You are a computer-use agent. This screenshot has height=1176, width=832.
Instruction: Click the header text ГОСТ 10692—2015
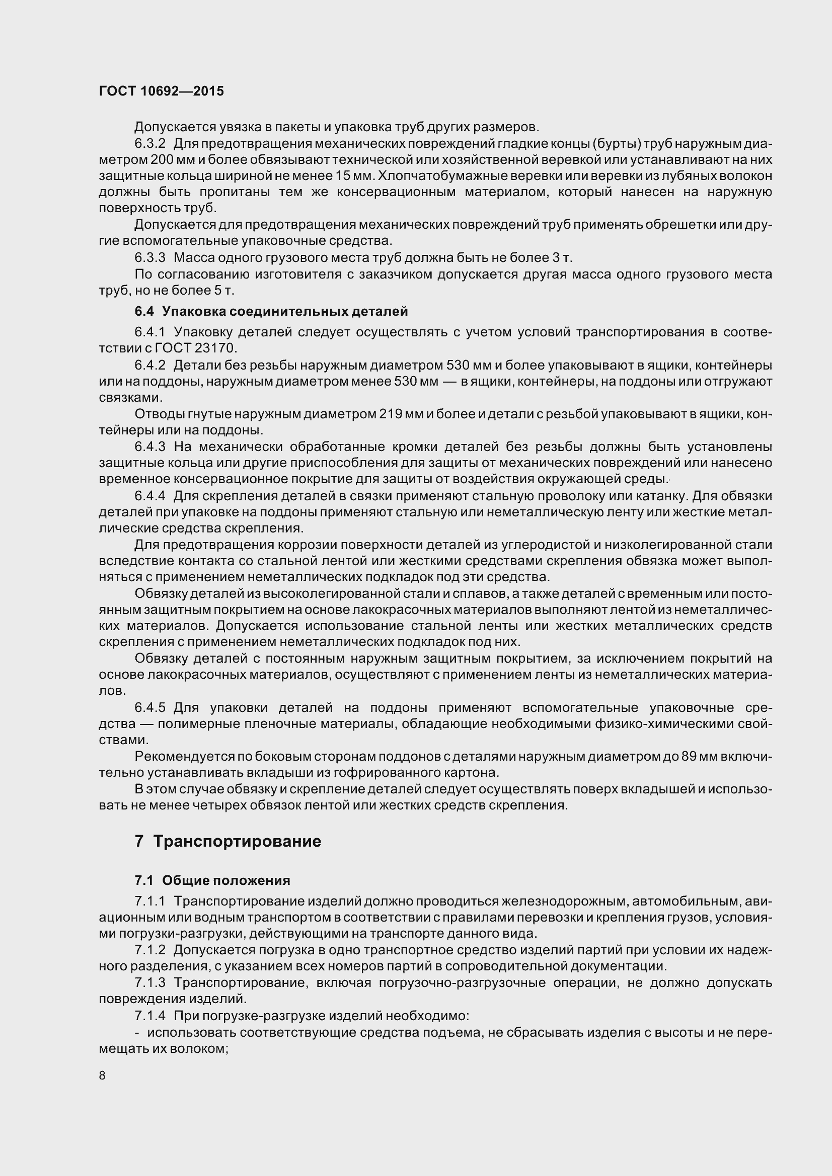tap(161, 91)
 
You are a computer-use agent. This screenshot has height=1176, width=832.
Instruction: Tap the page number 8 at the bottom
tap(102, 1075)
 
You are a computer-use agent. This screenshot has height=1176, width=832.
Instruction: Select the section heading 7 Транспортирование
tap(228, 841)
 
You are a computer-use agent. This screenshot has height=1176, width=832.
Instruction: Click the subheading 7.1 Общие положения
tap(212, 880)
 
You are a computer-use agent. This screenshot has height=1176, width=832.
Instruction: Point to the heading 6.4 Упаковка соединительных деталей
tap(271, 311)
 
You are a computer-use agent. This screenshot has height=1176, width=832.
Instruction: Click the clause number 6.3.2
tap(149, 143)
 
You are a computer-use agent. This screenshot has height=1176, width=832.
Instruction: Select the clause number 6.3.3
tap(149, 257)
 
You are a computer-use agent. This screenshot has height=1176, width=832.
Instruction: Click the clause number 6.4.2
tap(149, 365)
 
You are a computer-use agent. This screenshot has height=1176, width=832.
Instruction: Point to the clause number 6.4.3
tap(149, 446)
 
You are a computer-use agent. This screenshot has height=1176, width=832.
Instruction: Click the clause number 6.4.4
tap(149, 496)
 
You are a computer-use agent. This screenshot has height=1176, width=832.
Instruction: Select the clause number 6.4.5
tap(149, 707)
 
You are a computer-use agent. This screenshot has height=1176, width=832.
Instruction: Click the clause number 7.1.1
tap(149, 901)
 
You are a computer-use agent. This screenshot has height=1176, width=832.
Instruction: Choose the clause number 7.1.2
tap(149, 950)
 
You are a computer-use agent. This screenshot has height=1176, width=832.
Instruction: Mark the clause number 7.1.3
tap(149, 982)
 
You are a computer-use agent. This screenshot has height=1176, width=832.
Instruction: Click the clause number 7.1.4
tap(149, 1015)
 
